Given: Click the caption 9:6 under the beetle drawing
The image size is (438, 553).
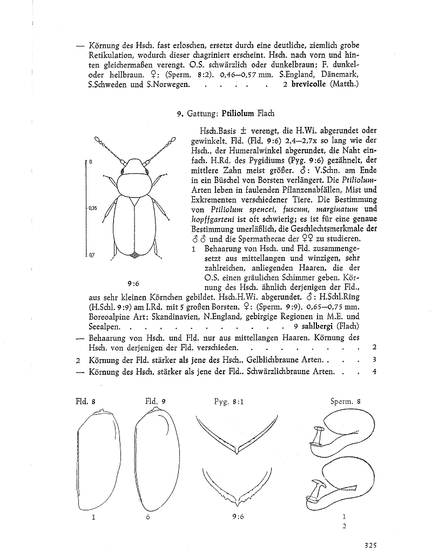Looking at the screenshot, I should tap(133, 283).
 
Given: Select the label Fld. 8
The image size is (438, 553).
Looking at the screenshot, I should tap(85, 401).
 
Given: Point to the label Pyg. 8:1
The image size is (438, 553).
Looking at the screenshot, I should tap(228, 401).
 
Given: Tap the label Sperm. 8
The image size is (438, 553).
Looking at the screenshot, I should tap(345, 401).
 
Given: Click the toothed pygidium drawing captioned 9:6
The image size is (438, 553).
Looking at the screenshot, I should tap(235, 486).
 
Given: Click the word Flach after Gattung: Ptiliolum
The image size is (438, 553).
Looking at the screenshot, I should tap(266, 113).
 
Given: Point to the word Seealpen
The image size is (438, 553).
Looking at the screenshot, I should tap(105, 326).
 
